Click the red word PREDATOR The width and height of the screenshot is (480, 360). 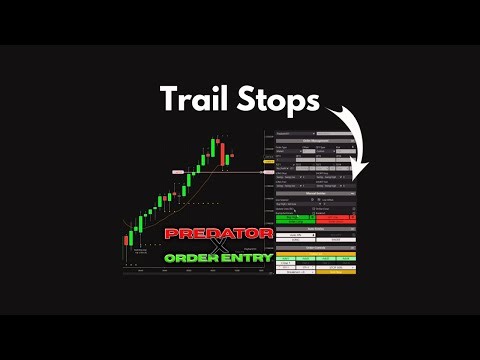click(218, 232)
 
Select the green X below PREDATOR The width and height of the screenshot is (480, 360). click(217, 245)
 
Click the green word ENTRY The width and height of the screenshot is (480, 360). click(244, 258)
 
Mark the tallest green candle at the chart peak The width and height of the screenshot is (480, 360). click(215, 147)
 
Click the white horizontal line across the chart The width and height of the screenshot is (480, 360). click(240, 173)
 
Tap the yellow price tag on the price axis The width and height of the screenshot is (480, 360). click(267, 159)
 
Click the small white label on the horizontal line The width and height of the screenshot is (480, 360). click(178, 173)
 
